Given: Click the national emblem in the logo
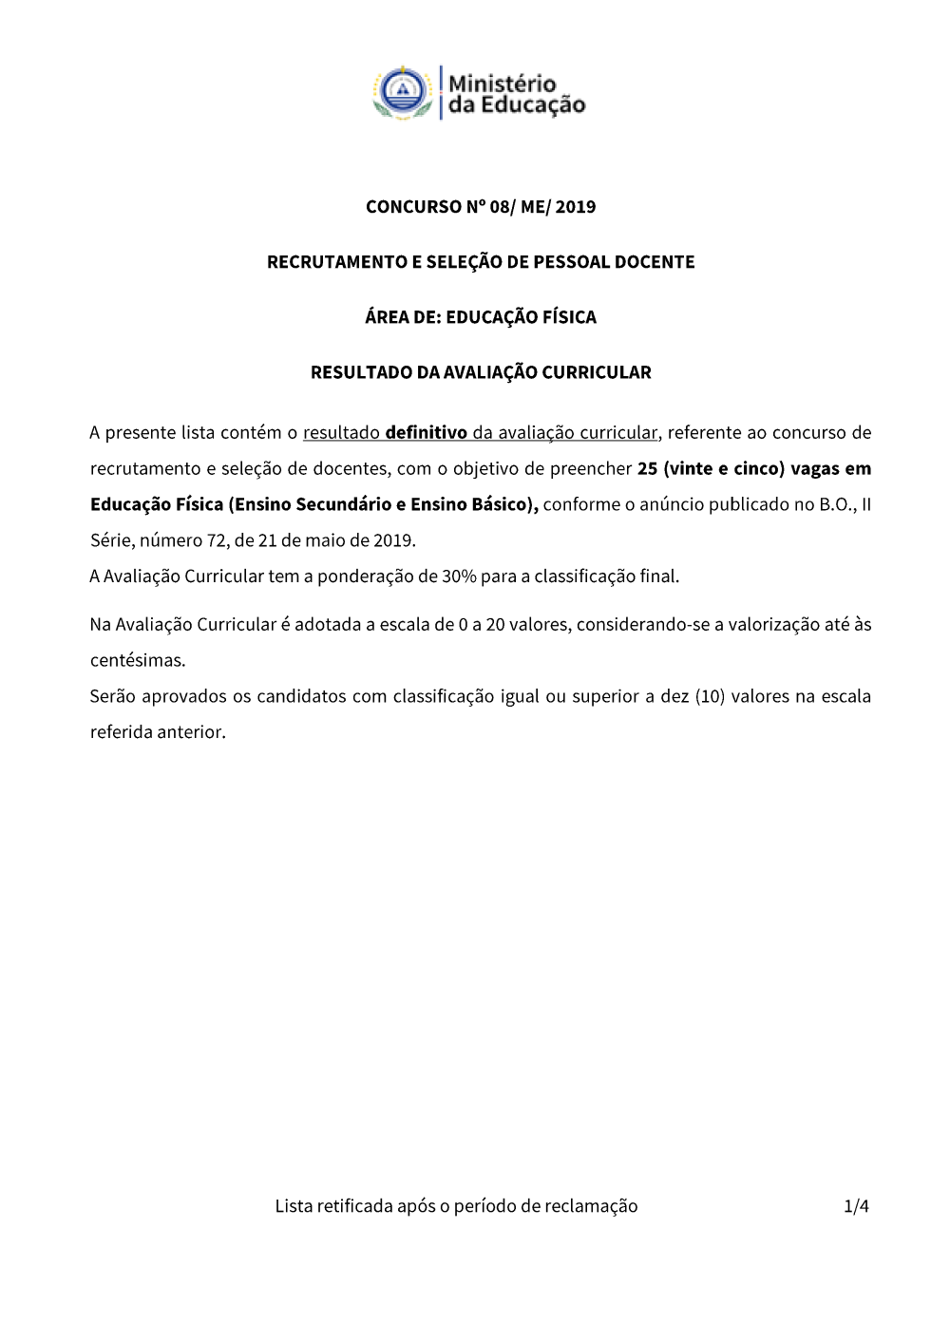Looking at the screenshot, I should [x=404, y=93].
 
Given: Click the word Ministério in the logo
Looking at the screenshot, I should [x=502, y=84].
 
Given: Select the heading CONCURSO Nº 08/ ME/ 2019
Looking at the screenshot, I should [x=481, y=207].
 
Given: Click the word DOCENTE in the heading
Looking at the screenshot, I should [x=655, y=262].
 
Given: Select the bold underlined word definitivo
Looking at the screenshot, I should [x=426, y=433].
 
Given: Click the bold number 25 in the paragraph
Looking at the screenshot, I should [x=647, y=469].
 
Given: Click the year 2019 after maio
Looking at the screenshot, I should [x=393, y=541].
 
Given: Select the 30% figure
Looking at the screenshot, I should [x=459, y=576].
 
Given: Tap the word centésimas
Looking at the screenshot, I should [x=138, y=661].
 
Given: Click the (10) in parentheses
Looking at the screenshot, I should [x=710, y=697].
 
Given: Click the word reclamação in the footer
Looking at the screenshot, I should [x=592, y=1207].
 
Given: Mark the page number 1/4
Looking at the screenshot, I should [x=856, y=1207].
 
